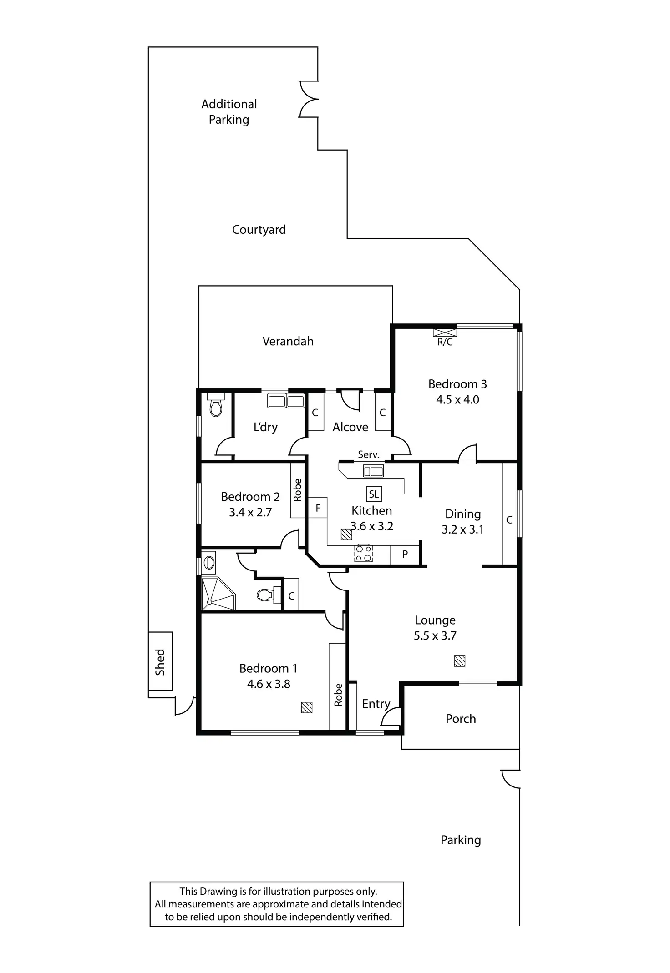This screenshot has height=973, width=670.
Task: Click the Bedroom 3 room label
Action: pos(457,384)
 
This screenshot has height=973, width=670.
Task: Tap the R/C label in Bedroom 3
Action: pos(445,342)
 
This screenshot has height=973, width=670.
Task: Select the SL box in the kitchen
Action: pos(374,494)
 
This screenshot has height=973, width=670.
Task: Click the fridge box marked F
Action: pos(318,508)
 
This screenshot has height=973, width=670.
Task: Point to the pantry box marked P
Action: pos(405,555)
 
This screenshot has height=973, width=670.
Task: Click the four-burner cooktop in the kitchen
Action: pos(363,553)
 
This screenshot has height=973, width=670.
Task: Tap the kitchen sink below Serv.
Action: pos(373,471)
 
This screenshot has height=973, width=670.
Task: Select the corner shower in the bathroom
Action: pos(218,594)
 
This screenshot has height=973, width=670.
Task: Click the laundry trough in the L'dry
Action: pos(286,402)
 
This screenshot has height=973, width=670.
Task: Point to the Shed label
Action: pos(160,662)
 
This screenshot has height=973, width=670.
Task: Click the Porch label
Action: pos(461,719)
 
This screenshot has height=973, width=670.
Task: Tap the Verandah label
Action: pos(288,341)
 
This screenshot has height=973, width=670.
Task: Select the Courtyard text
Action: pos(259,230)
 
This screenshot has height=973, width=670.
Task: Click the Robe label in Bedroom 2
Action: pos(298,490)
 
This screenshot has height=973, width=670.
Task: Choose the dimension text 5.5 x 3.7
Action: pos(435,636)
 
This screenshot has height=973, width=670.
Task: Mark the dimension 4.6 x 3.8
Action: pos(269,684)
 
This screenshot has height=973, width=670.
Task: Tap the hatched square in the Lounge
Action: pos(459,661)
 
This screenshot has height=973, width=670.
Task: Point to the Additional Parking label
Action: pos(229,112)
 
